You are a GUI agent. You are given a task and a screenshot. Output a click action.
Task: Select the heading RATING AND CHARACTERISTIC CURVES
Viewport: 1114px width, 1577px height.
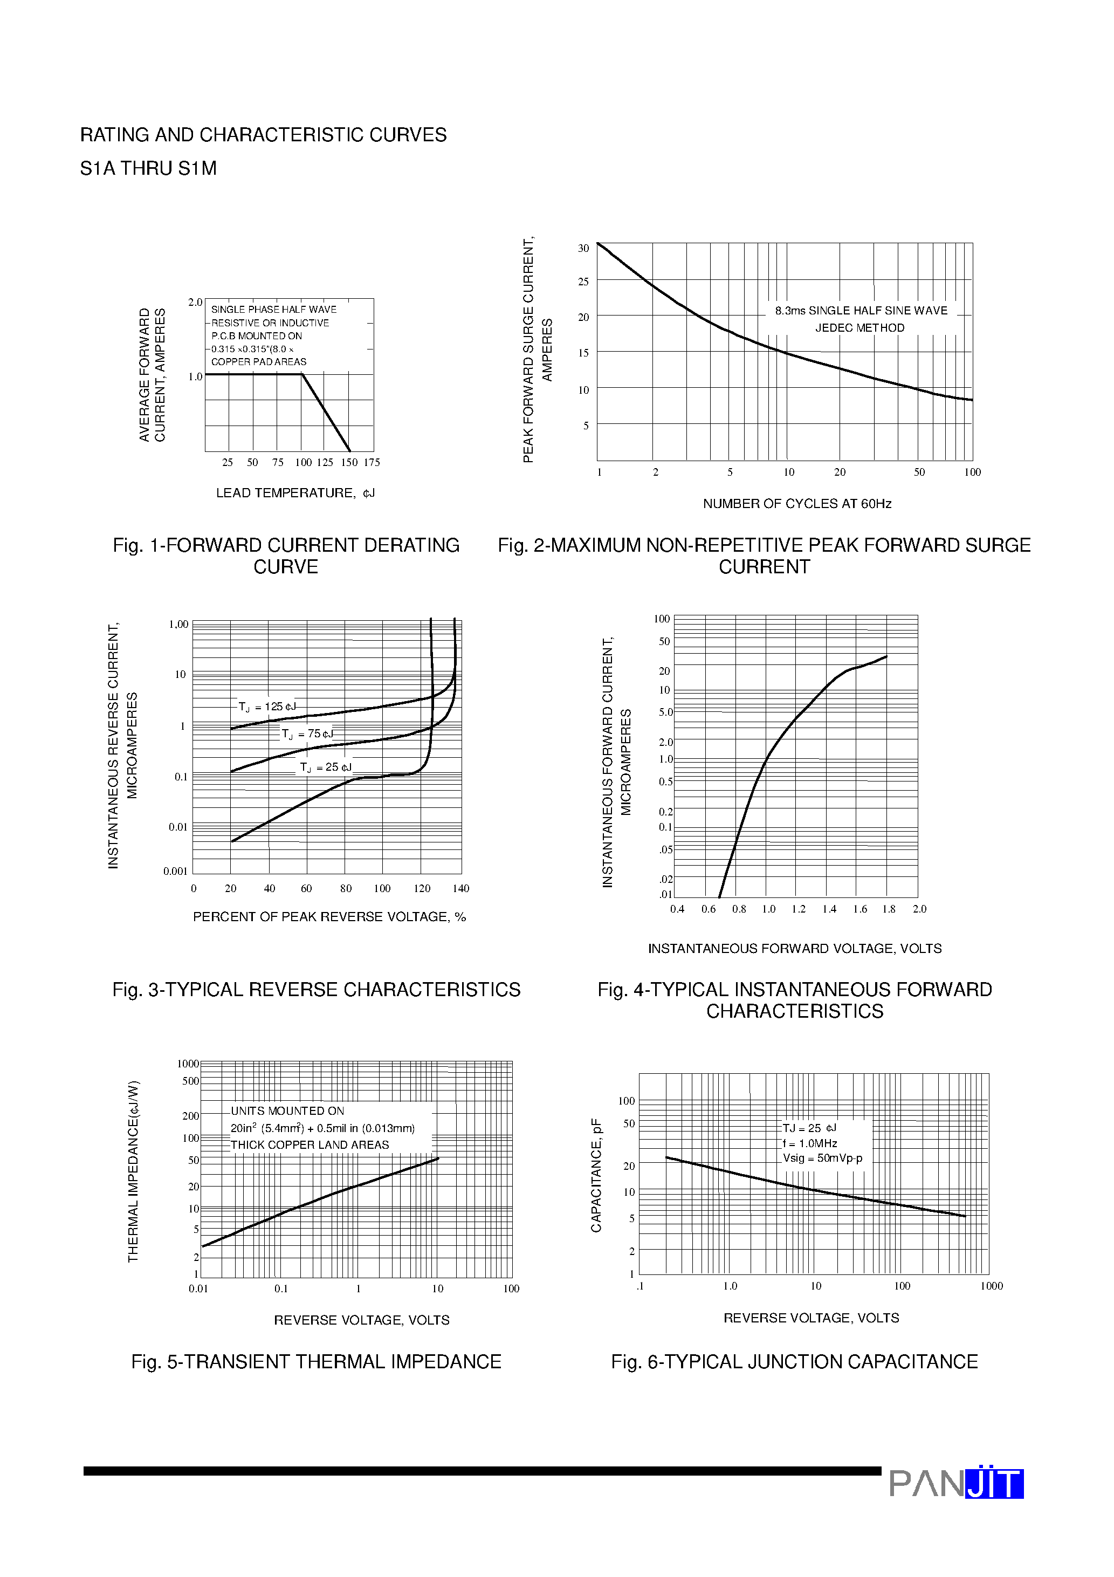point(263,135)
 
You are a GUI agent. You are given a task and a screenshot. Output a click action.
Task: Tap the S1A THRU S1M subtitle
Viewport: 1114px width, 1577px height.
point(148,168)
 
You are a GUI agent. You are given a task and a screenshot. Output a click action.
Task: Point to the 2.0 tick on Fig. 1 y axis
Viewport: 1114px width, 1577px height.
point(195,302)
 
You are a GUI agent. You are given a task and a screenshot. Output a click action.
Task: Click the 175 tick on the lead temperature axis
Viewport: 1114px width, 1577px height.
point(372,462)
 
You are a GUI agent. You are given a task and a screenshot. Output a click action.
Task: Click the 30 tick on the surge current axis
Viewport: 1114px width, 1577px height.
point(583,249)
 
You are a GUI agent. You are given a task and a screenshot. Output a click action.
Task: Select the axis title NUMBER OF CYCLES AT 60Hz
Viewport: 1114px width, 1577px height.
point(797,503)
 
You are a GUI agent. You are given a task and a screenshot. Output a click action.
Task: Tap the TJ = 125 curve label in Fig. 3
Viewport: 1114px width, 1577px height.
point(266,707)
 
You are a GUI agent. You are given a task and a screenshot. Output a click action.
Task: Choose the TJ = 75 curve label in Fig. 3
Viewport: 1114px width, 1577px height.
point(307,734)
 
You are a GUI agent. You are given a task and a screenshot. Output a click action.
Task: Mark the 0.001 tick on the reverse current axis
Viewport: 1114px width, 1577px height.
point(175,872)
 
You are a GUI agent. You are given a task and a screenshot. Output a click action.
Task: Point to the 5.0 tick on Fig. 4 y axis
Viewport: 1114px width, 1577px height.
point(665,712)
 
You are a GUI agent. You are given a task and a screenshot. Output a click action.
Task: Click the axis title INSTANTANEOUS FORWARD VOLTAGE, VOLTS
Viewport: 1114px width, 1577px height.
point(795,949)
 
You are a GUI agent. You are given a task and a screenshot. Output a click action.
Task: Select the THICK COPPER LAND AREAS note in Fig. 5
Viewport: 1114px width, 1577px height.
point(310,1145)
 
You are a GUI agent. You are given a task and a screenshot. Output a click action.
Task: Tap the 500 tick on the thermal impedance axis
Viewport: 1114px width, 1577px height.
point(190,1081)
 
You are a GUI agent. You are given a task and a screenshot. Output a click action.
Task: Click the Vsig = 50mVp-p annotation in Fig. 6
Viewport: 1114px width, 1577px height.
point(823,1158)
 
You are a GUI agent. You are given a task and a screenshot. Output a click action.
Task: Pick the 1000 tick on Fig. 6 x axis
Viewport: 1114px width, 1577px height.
point(991,1286)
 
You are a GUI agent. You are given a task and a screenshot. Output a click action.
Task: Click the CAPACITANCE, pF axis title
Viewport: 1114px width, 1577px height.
point(596,1175)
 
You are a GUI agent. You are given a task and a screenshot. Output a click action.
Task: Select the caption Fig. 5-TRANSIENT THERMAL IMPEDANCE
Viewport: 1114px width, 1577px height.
point(316,1362)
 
